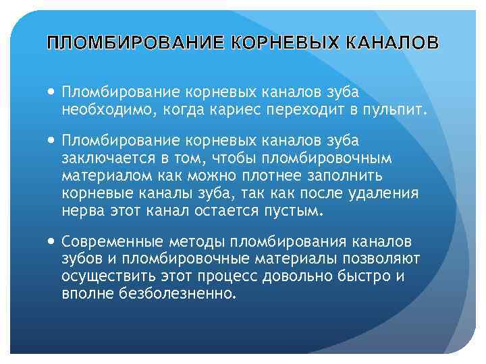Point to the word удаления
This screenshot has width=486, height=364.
[388, 193]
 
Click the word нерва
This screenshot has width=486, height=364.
[79, 211]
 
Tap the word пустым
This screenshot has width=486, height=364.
[298, 211]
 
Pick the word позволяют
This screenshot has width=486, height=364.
[381, 260]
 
